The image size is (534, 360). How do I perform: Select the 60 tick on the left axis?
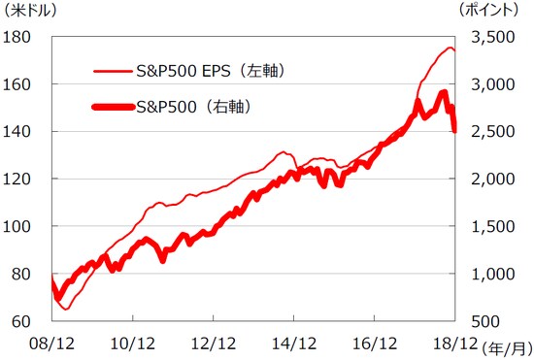22,320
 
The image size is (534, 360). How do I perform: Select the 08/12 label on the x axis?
50,343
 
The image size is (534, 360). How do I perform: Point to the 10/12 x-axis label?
132,343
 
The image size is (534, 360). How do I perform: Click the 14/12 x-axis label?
293,343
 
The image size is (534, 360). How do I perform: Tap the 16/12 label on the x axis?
374,343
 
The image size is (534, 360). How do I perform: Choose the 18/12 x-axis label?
454,343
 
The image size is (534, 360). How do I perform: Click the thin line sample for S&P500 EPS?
113,71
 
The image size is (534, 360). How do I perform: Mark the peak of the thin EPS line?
450,48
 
